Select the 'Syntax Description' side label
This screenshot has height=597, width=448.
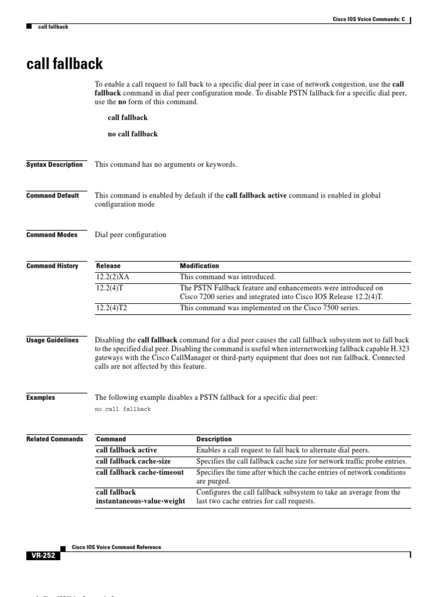pos(55,165)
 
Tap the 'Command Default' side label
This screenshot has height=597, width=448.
pos(52,196)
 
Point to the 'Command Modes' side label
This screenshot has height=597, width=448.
pos(52,235)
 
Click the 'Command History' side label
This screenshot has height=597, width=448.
pos(52,266)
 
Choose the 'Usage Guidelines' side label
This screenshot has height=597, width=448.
pos(52,340)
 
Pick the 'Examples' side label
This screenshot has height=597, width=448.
pos(41,398)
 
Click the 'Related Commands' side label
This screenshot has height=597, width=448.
pos(55,440)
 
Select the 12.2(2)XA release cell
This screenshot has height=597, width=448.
pos(113,278)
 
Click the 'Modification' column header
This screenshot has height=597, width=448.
pos(199,266)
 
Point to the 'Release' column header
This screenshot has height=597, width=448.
pos(108,266)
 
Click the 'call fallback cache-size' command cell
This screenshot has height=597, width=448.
pos(134,461)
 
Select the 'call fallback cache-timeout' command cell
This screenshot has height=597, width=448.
pos(140,472)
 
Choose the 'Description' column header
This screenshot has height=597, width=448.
pos(214,439)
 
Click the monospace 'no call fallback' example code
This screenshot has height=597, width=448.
pos(123,409)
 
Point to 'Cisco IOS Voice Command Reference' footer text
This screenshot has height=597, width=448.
pos(116,547)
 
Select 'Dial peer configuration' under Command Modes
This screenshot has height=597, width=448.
pos(131,235)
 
